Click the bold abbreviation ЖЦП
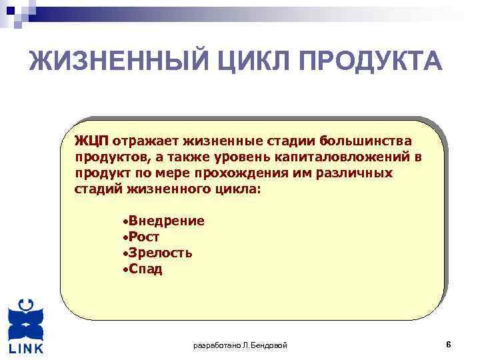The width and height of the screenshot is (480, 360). [x=92, y=141]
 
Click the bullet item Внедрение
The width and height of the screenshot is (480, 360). [x=167, y=221]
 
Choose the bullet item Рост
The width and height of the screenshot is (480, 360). [x=144, y=237]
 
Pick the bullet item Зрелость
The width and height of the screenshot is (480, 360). [x=161, y=253]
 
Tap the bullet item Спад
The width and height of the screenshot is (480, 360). [x=145, y=269]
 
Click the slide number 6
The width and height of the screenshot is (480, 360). [x=449, y=345]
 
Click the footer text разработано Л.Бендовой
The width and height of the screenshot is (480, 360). [x=240, y=345]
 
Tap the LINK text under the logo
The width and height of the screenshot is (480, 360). [x=27, y=349]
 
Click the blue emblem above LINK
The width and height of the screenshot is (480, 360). [x=26, y=319]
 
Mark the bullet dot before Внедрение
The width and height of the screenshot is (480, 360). [x=125, y=221]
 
